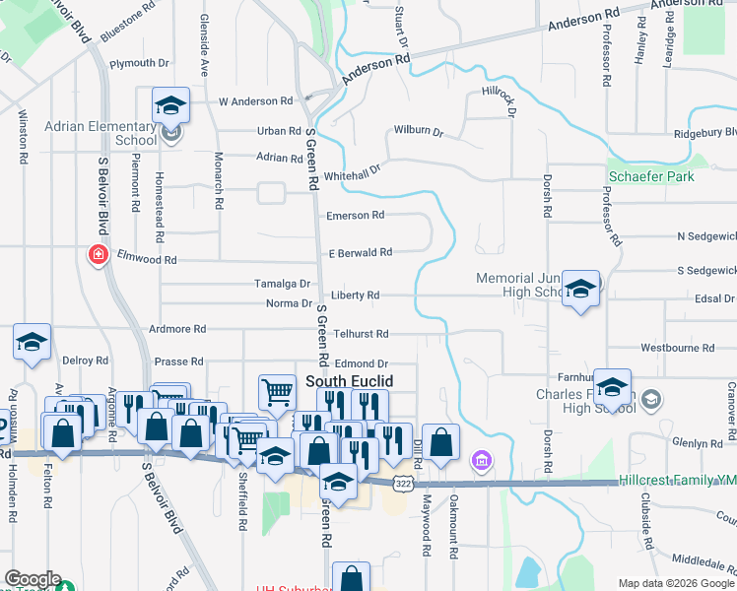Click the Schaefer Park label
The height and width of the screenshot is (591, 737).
tap(651, 176)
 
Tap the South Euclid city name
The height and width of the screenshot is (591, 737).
tap(349, 380)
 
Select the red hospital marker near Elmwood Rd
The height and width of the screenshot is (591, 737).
tap(98, 256)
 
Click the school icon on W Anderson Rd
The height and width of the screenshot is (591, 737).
tap(170, 104)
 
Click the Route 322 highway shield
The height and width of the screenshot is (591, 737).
tap(402, 484)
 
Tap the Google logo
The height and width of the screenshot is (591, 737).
tap(32, 579)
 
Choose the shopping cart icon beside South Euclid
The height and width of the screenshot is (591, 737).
tap(277, 392)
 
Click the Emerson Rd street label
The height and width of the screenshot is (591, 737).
tap(356, 215)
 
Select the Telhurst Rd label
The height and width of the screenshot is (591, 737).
tap(361, 334)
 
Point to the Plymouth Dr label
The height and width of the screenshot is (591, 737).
tap(139, 63)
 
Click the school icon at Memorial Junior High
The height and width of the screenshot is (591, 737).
tap(581, 289)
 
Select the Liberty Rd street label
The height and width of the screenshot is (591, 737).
tap(355, 295)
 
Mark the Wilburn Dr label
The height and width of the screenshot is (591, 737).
tap(419, 130)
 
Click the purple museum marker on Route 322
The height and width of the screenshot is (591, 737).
tap(481, 460)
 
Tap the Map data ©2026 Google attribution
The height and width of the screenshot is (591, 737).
tap(676, 583)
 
